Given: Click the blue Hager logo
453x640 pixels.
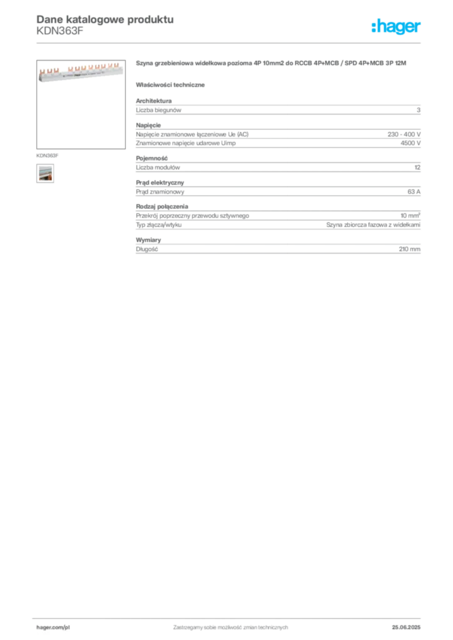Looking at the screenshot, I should pyautogui.click(x=397, y=27).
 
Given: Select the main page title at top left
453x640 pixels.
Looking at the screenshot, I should pyautogui.click(x=103, y=19).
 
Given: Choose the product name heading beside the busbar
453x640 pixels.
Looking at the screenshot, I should pyautogui.click(x=272, y=63).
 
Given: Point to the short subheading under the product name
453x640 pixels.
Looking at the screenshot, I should pyautogui.click(x=172, y=84).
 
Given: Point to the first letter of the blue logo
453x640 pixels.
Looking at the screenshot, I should pyautogui.click(x=374, y=27).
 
